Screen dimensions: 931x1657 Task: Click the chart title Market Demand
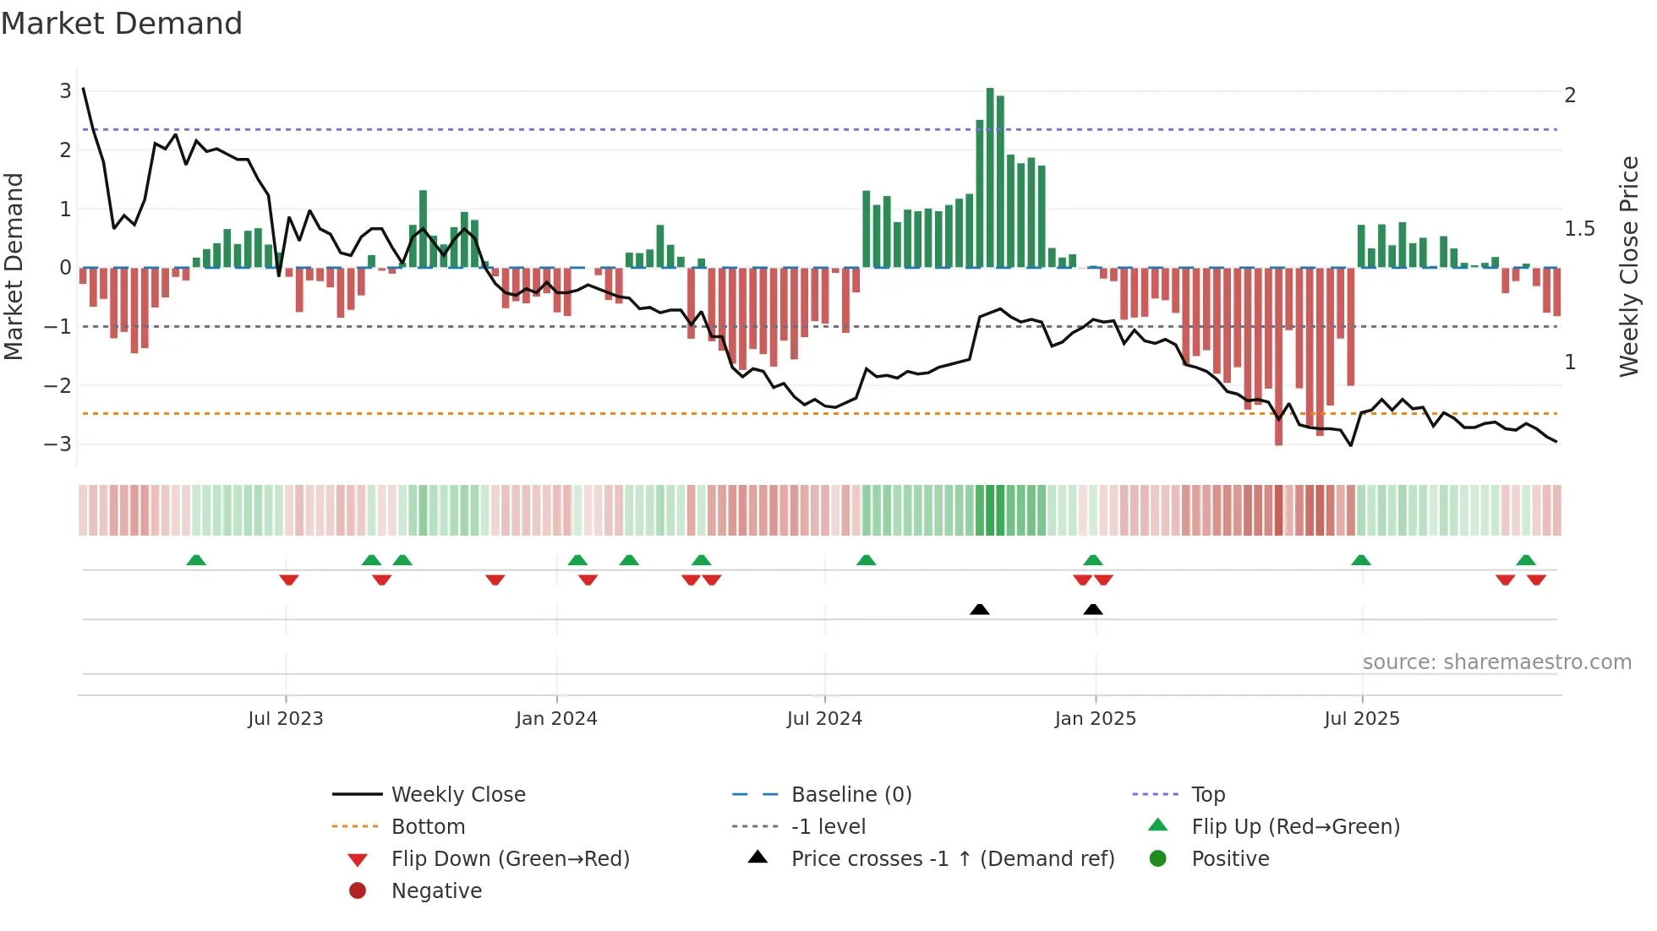point(122,24)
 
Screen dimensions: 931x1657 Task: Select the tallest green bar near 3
point(990,177)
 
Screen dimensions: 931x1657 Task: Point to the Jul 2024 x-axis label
point(824,719)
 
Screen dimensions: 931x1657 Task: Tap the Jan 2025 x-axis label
point(1095,719)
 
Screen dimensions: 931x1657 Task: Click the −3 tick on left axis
point(57,444)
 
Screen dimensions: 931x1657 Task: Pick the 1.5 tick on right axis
point(1579,229)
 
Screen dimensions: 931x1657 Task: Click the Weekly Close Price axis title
point(1628,266)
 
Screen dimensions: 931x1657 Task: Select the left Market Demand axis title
point(14,266)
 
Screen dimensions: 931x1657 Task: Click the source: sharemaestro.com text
point(1496,662)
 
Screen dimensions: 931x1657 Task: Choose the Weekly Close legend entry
point(457,795)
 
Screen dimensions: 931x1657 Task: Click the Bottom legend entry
point(428,827)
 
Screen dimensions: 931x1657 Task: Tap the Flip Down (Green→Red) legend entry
point(510,859)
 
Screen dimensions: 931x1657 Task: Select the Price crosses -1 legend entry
point(952,859)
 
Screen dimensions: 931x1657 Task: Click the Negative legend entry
point(436,891)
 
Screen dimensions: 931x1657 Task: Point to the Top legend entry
point(1207,795)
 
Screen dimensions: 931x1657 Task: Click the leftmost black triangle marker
point(979,609)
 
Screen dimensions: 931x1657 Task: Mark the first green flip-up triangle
point(196,560)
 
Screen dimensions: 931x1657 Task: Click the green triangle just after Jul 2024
point(866,560)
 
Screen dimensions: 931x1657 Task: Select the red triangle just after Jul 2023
point(289,580)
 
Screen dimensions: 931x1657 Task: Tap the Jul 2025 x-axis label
point(1361,719)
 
